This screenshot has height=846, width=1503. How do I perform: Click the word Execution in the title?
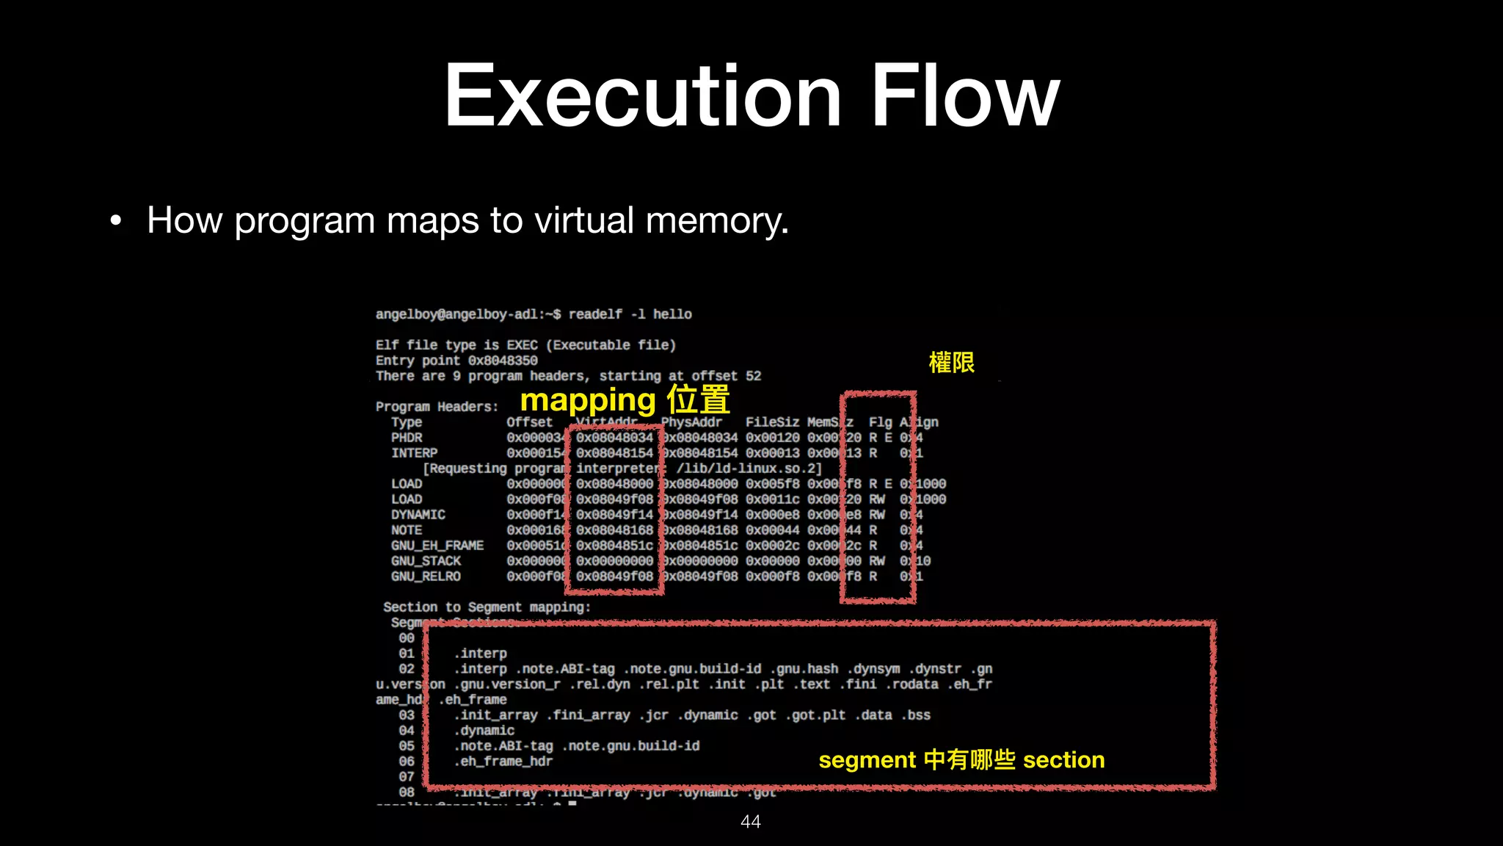pyautogui.click(x=643, y=96)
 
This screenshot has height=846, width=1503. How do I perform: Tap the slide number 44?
pyautogui.click(x=750, y=822)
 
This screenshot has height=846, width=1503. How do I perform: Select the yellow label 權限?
pyautogui.click(x=951, y=363)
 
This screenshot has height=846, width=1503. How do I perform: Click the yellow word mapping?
pyautogui.click(x=587, y=401)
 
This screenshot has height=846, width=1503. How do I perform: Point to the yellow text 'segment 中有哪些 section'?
pyautogui.click(x=961, y=759)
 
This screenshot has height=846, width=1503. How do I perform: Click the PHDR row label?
pyautogui.click(x=407, y=438)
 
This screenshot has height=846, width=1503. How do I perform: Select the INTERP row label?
pyautogui.click(x=414, y=453)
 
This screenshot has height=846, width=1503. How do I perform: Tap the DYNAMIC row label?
pyautogui.click(x=418, y=515)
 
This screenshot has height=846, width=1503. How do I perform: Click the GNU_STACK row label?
pyautogui.click(x=426, y=561)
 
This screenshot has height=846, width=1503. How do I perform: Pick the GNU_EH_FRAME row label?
pyautogui.click(x=437, y=546)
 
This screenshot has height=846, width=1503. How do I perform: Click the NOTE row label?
pyautogui.click(x=407, y=530)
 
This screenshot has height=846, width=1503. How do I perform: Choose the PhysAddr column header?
pyautogui.click(x=692, y=422)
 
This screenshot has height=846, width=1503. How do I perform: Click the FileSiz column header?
pyautogui.click(x=772, y=422)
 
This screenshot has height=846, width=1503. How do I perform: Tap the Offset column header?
pyautogui.click(x=529, y=422)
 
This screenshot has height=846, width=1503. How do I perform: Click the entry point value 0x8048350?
pyautogui.click(x=503, y=361)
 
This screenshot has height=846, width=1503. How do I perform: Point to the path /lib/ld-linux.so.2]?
pyautogui.click(x=749, y=469)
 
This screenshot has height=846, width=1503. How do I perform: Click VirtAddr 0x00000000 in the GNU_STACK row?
pyautogui.click(x=614, y=561)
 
